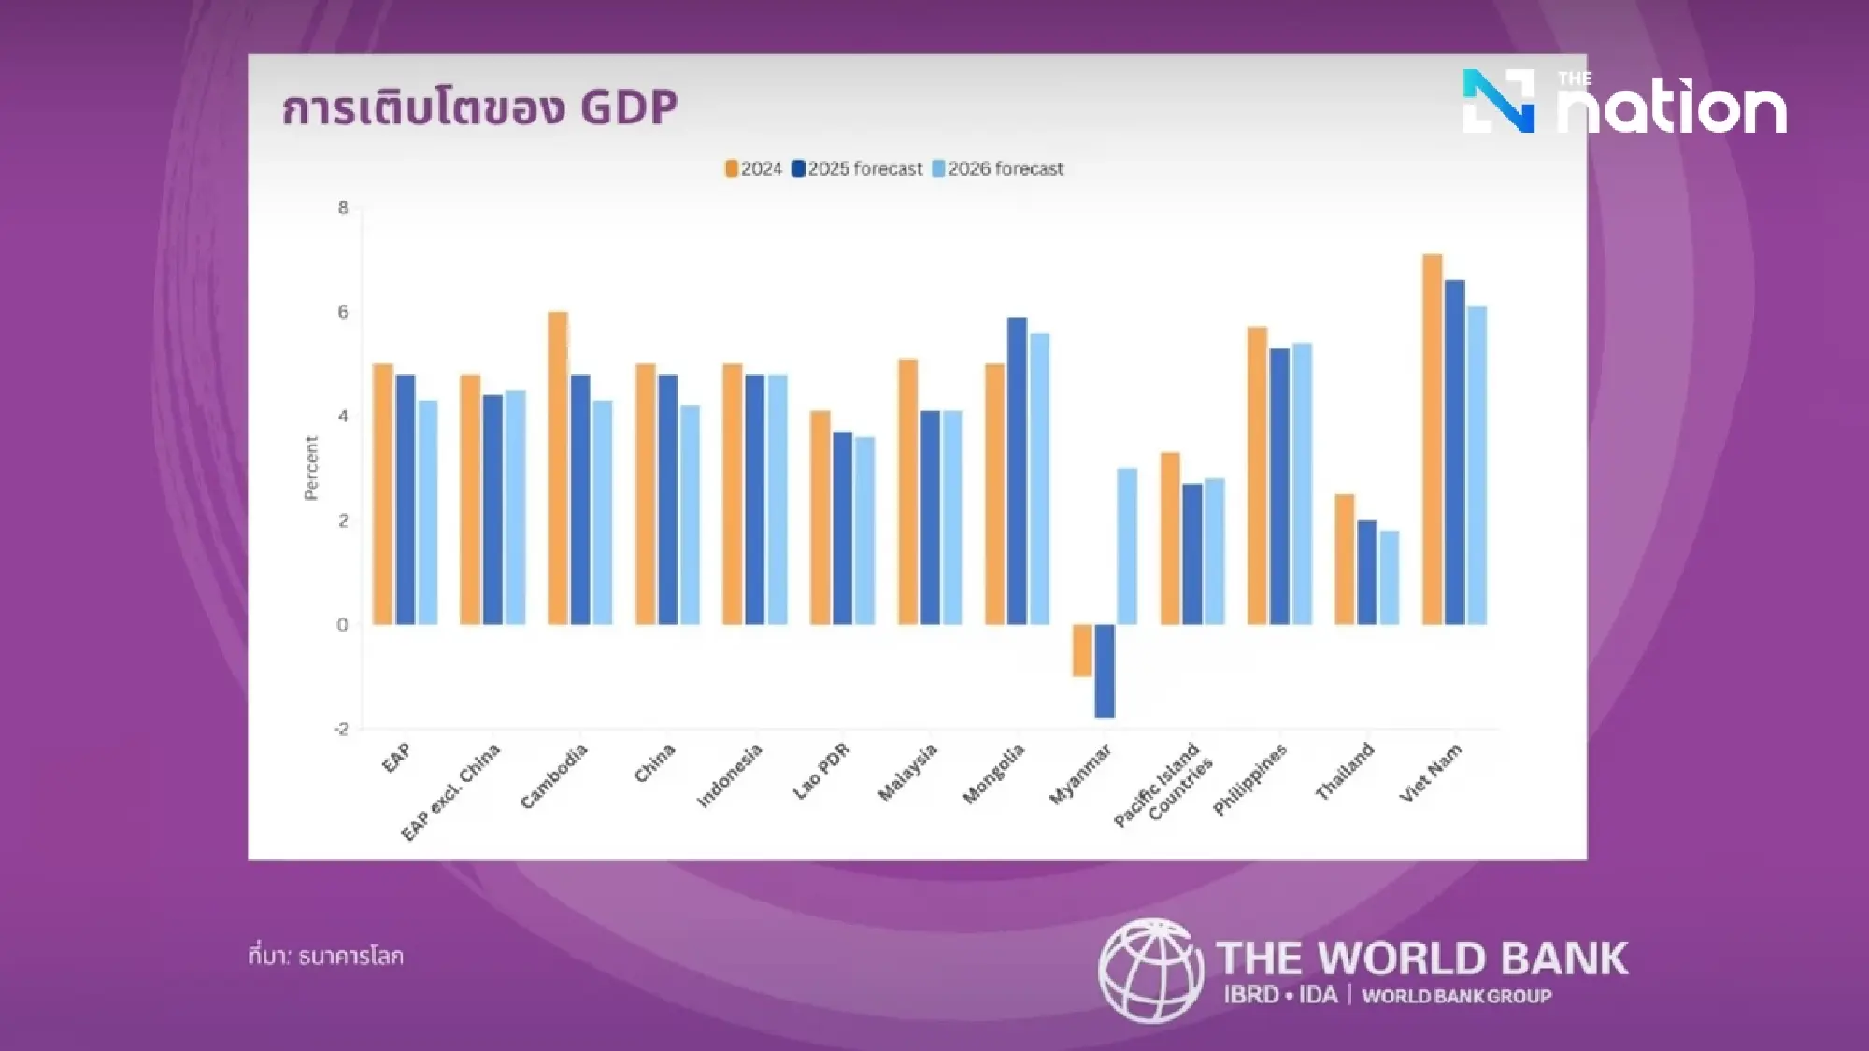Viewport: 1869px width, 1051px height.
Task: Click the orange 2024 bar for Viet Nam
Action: (x=1432, y=439)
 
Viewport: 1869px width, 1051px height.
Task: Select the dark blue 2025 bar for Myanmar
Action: (x=1105, y=671)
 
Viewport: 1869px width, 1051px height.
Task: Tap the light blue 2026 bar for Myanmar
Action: (x=1127, y=547)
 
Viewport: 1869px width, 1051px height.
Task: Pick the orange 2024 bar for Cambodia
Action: (x=558, y=467)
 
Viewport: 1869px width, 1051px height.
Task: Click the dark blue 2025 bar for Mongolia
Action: (x=1017, y=471)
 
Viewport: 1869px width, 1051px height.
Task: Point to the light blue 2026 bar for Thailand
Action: (x=1390, y=577)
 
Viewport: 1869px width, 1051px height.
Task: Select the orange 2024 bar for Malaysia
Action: (x=907, y=491)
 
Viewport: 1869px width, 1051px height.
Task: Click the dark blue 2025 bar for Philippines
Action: (x=1279, y=486)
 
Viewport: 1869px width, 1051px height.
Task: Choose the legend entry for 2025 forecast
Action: (x=857, y=169)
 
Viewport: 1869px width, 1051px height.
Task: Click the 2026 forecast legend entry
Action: (x=998, y=169)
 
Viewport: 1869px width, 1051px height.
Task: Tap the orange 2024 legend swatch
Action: (x=732, y=169)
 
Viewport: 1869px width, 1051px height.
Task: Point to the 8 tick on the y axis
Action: (x=343, y=207)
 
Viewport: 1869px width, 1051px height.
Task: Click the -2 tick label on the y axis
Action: (x=341, y=729)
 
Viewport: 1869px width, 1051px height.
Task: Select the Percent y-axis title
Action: (x=311, y=468)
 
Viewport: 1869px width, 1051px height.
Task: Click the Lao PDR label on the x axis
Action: (x=821, y=771)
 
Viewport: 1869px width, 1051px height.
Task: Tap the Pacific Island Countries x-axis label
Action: (x=1163, y=785)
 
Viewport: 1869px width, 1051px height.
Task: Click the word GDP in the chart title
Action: (x=628, y=107)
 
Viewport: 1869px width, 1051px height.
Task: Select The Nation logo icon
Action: (x=1499, y=101)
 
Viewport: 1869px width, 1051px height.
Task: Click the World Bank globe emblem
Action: (x=1149, y=972)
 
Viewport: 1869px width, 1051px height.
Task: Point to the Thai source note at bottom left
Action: (x=326, y=956)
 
